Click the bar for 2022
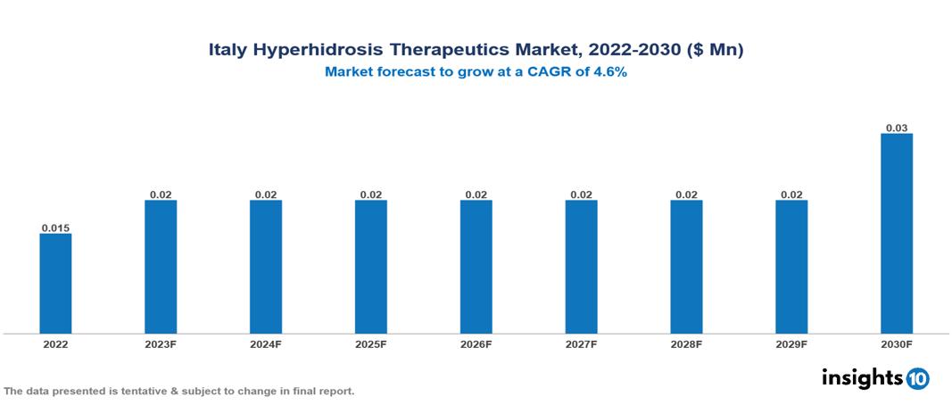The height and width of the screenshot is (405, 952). coord(55,283)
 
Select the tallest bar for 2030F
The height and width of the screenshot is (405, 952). coord(897,233)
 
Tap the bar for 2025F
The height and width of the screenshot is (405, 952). coord(371,266)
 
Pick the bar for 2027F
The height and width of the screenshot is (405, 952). coord(581,266)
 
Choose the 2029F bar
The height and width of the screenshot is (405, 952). coord(791,266)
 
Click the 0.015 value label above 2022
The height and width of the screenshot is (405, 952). coord(55,227)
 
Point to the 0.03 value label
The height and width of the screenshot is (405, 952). coord(897,128)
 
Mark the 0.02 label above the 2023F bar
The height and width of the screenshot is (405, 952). coord(161,194)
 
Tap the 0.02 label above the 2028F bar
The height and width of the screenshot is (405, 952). coord(686,194)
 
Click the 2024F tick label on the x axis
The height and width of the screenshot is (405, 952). coord(266,343)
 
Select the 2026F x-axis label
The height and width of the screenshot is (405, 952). coord(476,343)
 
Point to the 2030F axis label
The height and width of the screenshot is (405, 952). coord(897,343)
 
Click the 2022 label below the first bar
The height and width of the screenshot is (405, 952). coord(55,343)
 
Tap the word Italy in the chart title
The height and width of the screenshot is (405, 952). coord(228,51)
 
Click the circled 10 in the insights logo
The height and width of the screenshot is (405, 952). coord(917,378)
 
